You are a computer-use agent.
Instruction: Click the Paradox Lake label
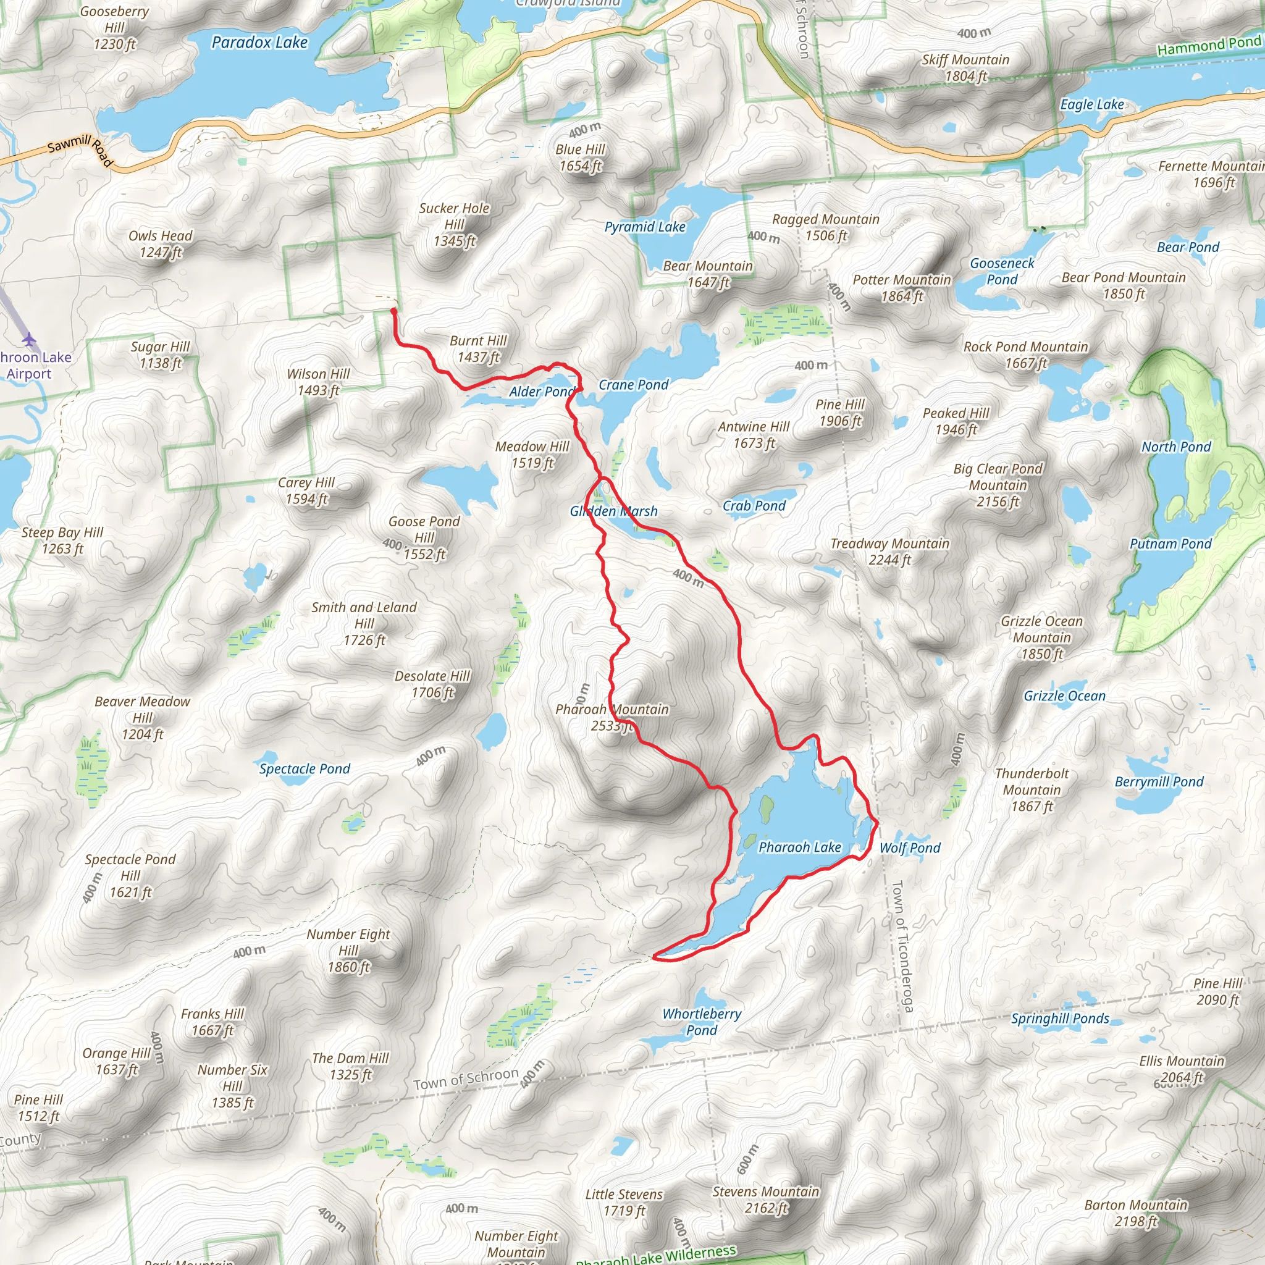259,43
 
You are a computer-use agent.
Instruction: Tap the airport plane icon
29,339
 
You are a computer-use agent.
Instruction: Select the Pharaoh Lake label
799,847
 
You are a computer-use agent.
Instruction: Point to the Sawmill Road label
80,149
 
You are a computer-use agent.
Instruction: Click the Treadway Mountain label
889,552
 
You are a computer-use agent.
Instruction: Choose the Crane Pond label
633,385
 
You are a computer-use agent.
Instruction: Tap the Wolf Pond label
909,848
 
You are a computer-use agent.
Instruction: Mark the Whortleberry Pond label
702,1022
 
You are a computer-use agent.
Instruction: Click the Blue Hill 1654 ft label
580,158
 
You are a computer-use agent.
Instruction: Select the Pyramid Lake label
644,227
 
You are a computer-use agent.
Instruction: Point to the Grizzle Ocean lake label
1064,696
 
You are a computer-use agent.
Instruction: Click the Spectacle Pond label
305,768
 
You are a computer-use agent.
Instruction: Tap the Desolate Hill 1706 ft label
432,684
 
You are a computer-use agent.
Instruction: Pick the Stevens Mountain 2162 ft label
765,1200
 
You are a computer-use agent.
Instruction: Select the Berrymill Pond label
1159,782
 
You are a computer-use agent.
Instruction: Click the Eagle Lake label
1092,105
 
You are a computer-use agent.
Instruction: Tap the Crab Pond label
754,505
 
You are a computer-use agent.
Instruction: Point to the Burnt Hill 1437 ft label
478,349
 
